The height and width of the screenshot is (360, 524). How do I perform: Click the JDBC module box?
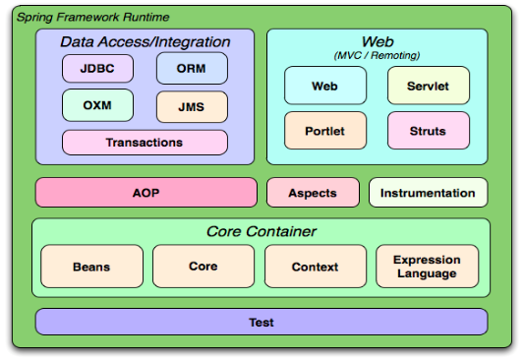[x=97, y=69]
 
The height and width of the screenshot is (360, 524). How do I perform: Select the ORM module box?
[x=192, y=68]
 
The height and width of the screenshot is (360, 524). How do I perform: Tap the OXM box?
[x=97, y=105]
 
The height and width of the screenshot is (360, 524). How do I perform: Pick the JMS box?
[x=192, y=107]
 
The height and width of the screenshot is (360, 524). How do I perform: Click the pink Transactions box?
[x=145, y=143]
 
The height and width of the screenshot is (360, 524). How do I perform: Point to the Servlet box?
[x=429, y=86]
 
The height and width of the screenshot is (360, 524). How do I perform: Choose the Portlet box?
[x=325, y=131]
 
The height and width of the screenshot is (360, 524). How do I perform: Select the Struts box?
[x=429, y=131]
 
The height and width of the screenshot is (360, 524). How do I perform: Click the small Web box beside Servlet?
[x=325, y=86]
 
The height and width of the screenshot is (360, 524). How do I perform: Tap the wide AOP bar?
[x=146, y=193]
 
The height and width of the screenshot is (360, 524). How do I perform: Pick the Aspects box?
[x=313, y=193]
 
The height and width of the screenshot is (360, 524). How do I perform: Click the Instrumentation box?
[x=428, y=193]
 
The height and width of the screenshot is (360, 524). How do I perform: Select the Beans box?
[x=91, y=267]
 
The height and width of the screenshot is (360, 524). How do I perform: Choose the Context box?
[x=316, y=267]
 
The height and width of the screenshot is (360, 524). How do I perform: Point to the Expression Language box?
[x=427, y=267]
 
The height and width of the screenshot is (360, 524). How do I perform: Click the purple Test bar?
[x=262, y=322]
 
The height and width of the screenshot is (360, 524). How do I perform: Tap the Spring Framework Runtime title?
[x=92, y=17]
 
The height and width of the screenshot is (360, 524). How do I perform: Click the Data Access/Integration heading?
[x=146, y=42]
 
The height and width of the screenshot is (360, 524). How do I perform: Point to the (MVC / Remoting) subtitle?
[x=377, y=55]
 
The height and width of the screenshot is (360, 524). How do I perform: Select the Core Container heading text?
[x=261, y=231]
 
